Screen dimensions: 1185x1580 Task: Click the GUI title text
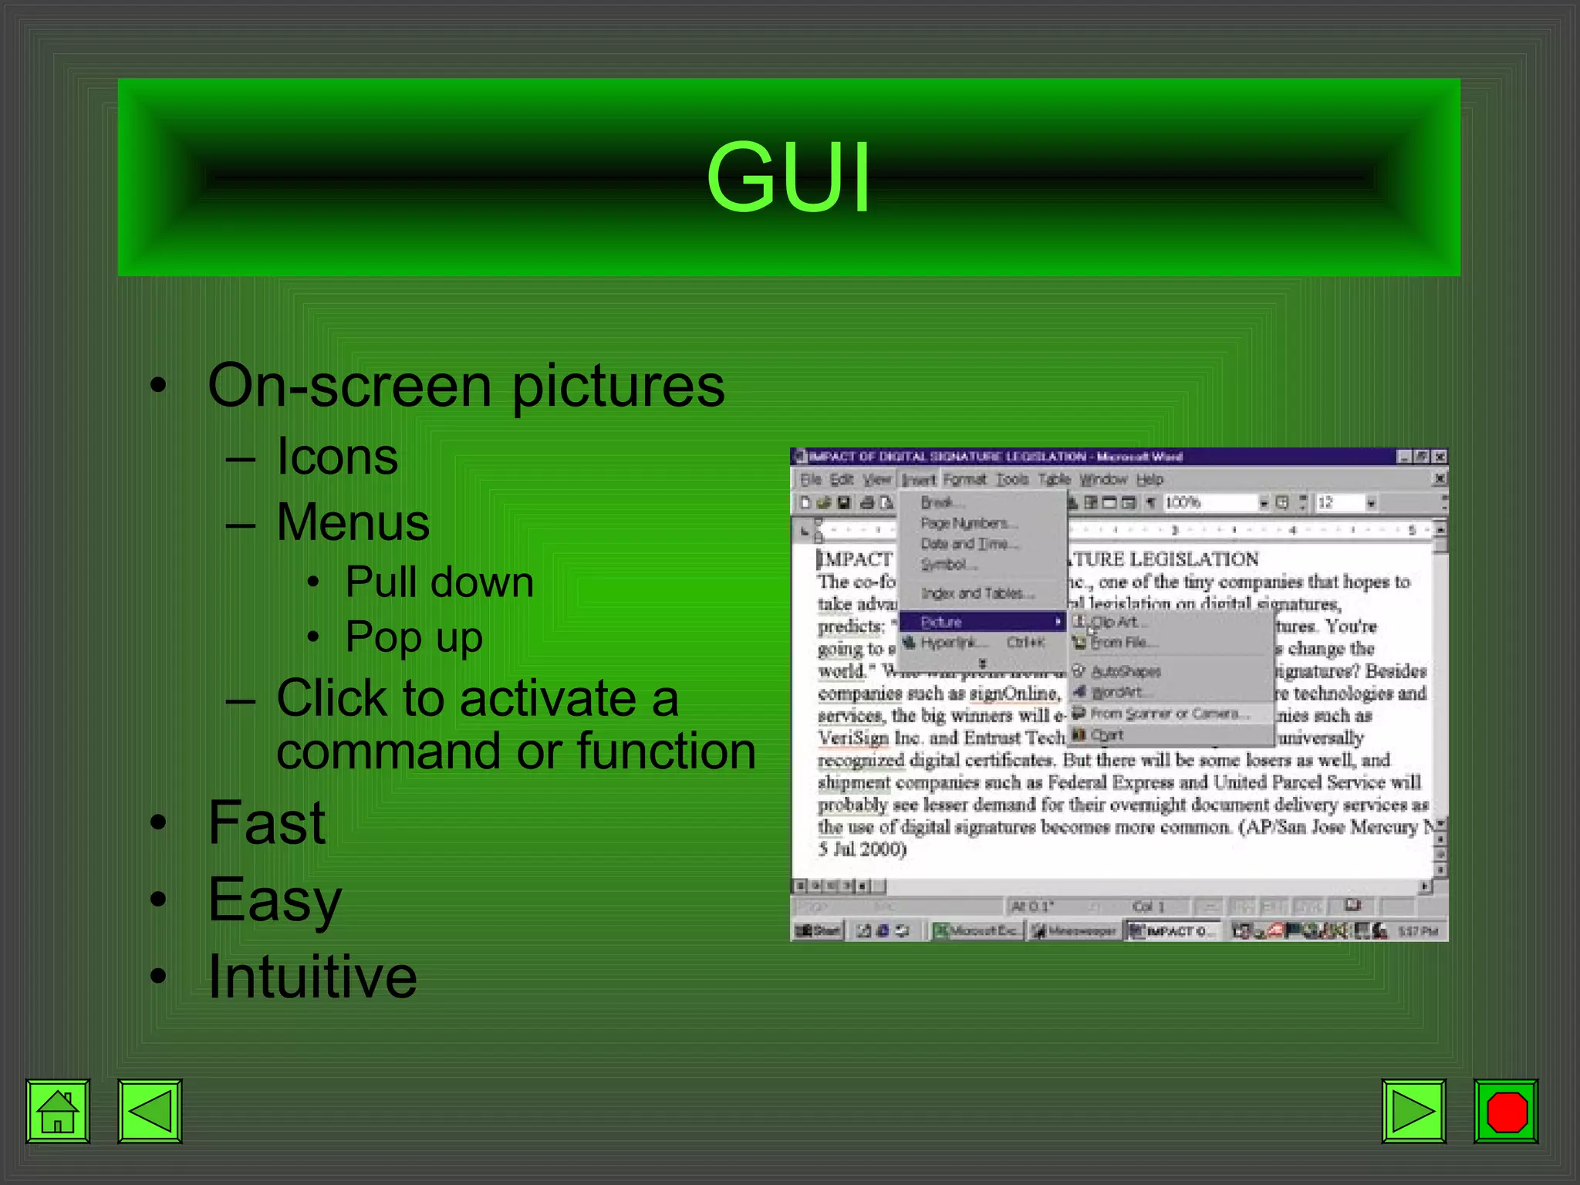click(x=788, y=177)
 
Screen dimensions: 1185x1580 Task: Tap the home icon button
click(x=58, y=1111)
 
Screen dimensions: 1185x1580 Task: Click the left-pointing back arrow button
click(x=150, y=1111)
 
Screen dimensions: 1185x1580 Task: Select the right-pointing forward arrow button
click(x=1413, y=1111)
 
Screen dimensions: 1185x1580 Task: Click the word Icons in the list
click(x=337, y=457)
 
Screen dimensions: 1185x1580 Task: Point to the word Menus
click(x=353, y=522)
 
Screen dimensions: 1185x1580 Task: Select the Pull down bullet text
click(x=439, y=582)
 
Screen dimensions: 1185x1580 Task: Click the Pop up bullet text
click(x=414, y=637)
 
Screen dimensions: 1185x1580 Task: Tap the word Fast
click(x=267, y=822)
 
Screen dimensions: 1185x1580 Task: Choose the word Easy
click(x=275, y=900)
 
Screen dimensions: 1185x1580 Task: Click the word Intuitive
click(x=312, y=977)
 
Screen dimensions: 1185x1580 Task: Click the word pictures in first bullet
click(x=617, y=386)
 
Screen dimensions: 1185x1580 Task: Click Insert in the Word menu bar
click(x=918, y=480)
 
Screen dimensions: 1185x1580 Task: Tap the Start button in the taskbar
click(x=819, y=931)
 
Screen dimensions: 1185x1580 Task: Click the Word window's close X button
click(x=1439, y=457)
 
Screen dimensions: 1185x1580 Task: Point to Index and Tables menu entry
click(x=977, y=593)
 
